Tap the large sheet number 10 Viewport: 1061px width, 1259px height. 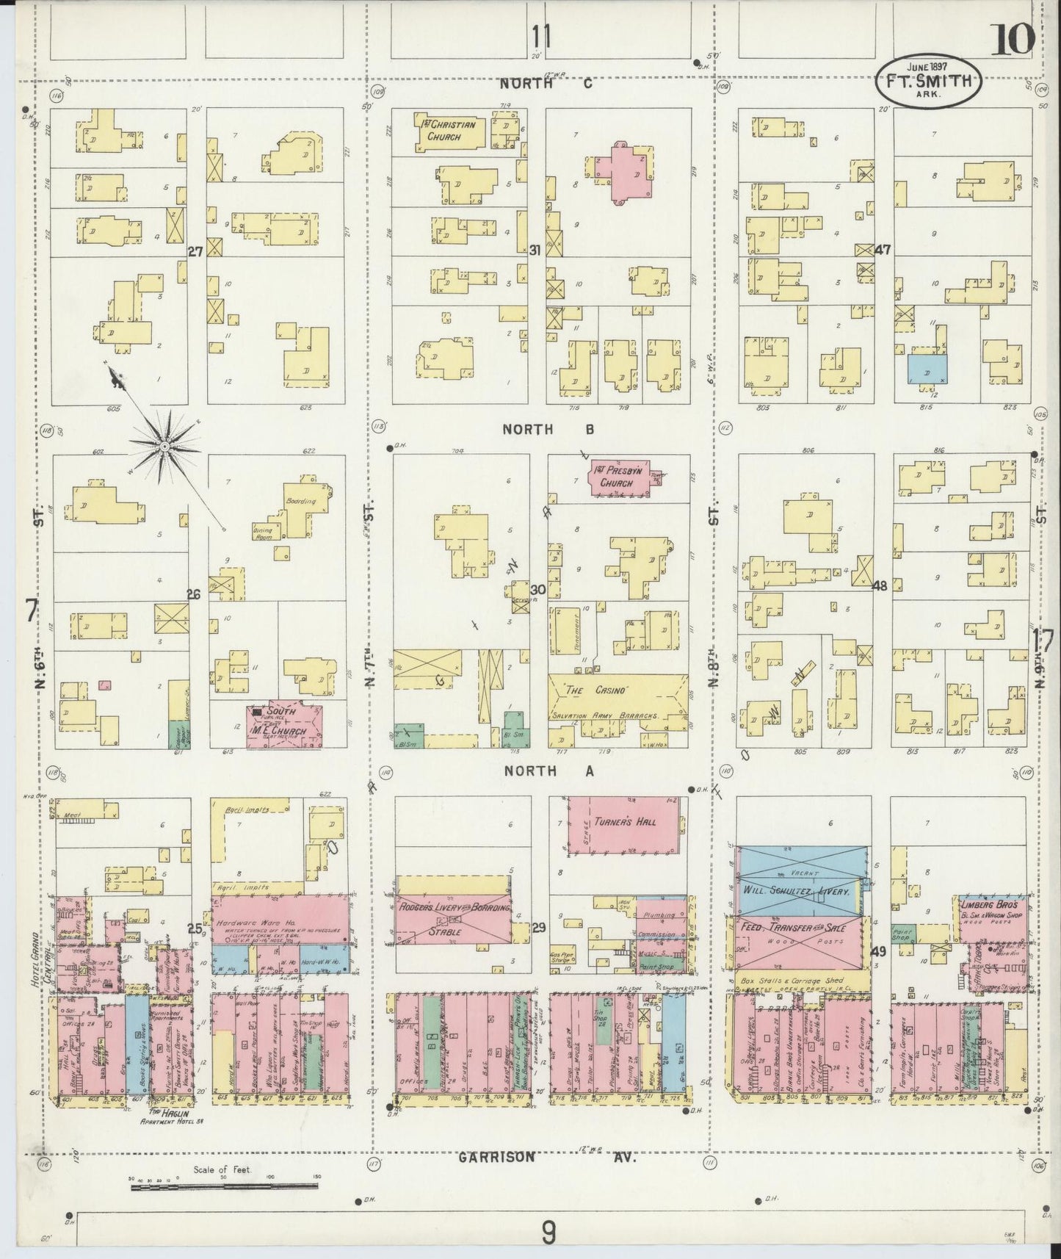[x=1012, y=38]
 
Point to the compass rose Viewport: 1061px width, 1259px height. [x=166, y=446]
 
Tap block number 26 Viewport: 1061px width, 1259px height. [x=194, y=594]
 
